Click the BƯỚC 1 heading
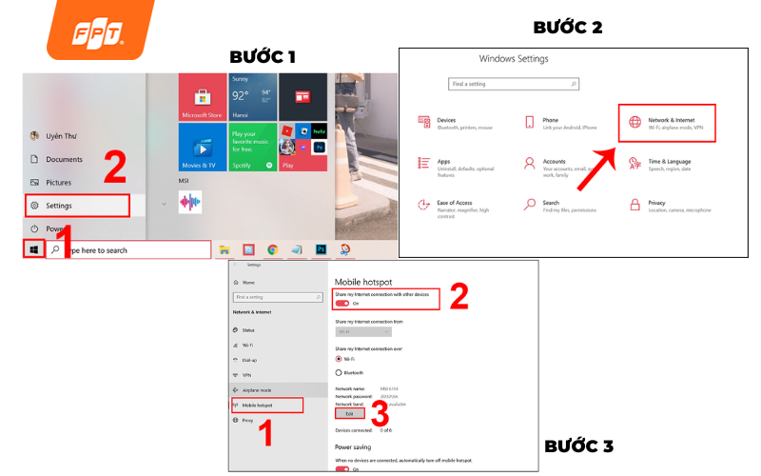pyautogui.click(x=263, y=57)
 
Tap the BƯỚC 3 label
pyautogui.click(x=578, y=446)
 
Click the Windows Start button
pyautogui.click(x=34, y=249)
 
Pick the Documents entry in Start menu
pyautogui.click(x=64, y=159)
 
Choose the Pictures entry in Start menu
pyautogui.click(x=58, y=182)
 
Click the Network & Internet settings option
pyautogui.click(x=666, y=124)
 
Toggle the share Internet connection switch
pyautogui.click(x=341, y=304)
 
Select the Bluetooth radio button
pyautogui.click(x=339, y=372)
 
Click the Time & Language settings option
pyautogui.click(x=666, y=165)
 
